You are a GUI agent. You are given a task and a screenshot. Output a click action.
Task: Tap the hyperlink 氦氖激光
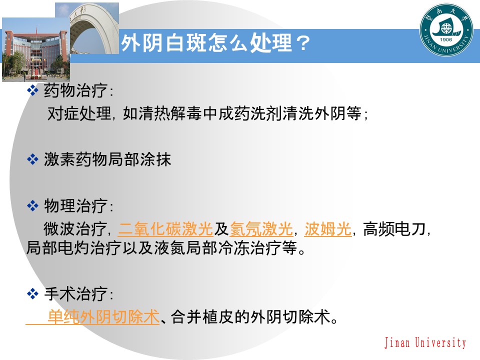pos(261,229)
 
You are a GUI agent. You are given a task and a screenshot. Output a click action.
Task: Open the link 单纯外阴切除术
pos(103,316)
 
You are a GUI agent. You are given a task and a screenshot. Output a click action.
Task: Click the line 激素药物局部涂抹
pos(107,160)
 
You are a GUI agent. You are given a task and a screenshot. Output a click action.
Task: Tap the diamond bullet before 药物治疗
pos(32,90)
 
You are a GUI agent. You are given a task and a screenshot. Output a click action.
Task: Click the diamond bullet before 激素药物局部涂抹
pos(32,160)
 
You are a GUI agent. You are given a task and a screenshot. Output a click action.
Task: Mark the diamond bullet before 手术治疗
pos(32,293)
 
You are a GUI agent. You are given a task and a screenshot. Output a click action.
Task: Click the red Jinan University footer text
pos(425,343)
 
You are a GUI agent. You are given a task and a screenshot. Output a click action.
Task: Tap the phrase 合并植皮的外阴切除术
pos(251,316)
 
